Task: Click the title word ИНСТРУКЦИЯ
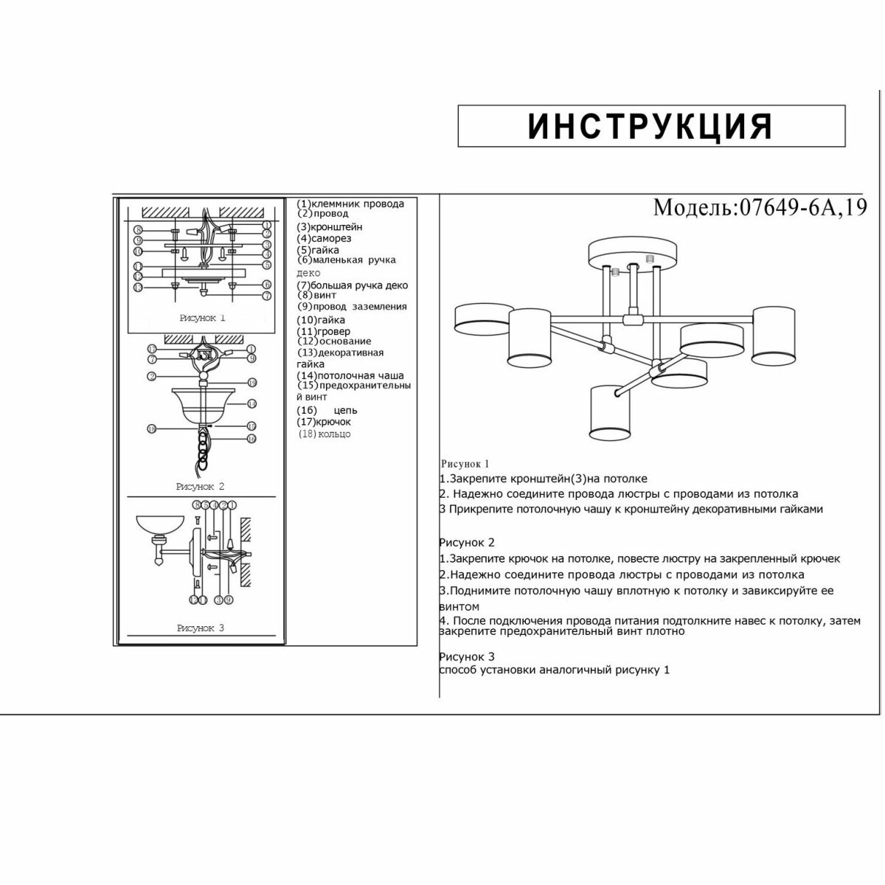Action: click(650, 126)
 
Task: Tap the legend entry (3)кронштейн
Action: click(330, 227)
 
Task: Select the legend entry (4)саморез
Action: click(324, 238)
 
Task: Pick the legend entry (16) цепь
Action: click(327, 410)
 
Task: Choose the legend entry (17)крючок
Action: click(324, 422)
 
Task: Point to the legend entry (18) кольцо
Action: click(324, 434)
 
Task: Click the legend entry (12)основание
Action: click(334, 341)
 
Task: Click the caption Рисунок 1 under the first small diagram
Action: click(202, 318)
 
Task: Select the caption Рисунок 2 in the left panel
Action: click(200, 487)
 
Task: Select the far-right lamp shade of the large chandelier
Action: click(775, 336)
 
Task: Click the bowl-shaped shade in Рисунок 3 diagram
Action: click(160, 526)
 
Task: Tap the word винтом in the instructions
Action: click(459, 606)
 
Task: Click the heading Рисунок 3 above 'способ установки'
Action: click(466, 656)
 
